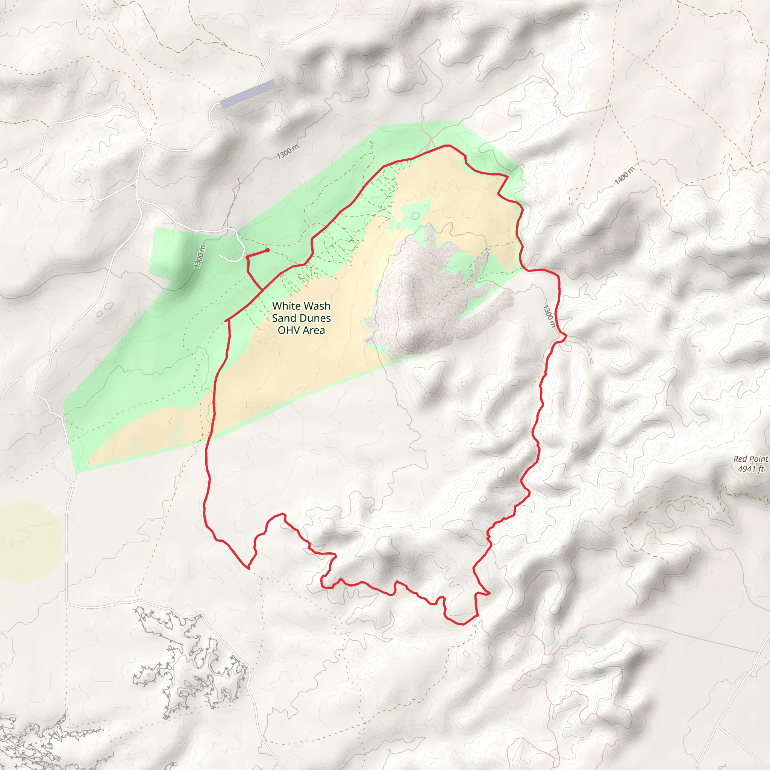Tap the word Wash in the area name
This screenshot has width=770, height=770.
click(317, 306)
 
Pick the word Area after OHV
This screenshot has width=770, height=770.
click(314, 330)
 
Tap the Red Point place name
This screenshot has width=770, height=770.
click(751, 459)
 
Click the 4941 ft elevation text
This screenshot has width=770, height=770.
click(751, 469)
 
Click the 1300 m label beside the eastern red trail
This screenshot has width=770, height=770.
click(549, 316)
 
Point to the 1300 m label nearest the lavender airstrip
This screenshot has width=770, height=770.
click(288, 152)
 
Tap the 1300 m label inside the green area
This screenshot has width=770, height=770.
click(200, 256)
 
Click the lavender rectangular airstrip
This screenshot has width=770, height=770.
click(248, 94)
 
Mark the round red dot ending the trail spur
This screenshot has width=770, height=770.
click(267, 250)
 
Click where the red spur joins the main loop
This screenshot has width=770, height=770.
click(262, 290)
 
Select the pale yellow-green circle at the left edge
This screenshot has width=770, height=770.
click(30, 542)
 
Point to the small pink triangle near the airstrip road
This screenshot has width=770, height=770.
click(250, 180)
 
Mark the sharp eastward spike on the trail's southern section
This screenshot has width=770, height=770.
click(489, 594)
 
